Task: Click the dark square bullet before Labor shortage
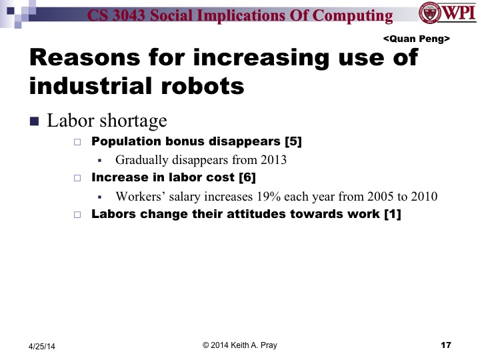[x=35, y=121]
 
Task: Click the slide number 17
[x=446, y=345]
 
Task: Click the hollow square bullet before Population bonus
[x=77, y=143]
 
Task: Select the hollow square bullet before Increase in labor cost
[x=77, y=179]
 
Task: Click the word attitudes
[x=266, y=214]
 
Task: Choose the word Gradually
[x=141, y=160]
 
